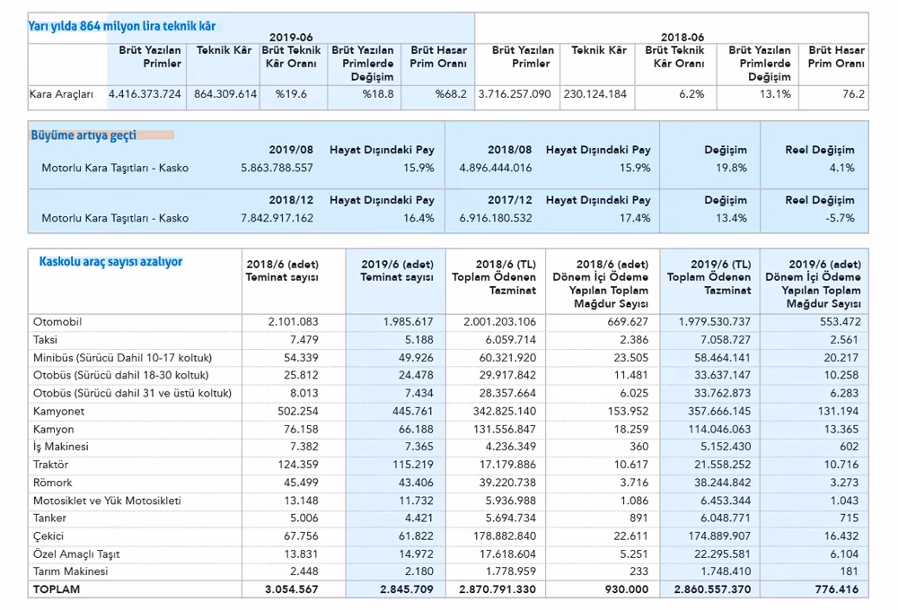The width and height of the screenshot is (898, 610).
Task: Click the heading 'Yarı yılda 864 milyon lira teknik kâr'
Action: [x=122, y=26]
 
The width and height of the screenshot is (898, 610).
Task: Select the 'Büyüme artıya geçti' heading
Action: [x=84, y=135]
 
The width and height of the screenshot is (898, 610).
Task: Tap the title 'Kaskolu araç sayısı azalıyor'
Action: [x=110, y=262]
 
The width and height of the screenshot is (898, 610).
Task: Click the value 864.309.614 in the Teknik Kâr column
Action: [x=225, y=94]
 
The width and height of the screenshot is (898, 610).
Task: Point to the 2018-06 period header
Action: [x=682, y=37]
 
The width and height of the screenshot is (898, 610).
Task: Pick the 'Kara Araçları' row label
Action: [x=61, y=94]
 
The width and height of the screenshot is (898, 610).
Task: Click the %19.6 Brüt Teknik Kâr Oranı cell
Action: [x=291, y=94]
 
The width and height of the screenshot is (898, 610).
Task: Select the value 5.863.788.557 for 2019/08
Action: [x=277, y=168]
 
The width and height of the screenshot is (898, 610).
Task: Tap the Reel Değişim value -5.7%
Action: [x=840, y=218]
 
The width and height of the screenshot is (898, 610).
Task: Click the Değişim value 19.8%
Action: [x=731, y=168]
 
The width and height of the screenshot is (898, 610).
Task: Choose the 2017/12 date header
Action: [x=510, y=200]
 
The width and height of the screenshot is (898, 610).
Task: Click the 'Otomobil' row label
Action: [x=57, y=321]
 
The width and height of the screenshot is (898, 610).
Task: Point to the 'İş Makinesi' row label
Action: [x=61, y=447]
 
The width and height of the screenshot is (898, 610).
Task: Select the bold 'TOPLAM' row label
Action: [x=57, y=588]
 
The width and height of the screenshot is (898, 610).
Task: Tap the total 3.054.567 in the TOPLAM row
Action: [x=292, y=588]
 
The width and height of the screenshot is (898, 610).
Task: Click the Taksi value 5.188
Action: [x=419, y=339]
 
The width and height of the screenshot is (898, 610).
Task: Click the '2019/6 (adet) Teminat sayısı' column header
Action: [x=397, y=271]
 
